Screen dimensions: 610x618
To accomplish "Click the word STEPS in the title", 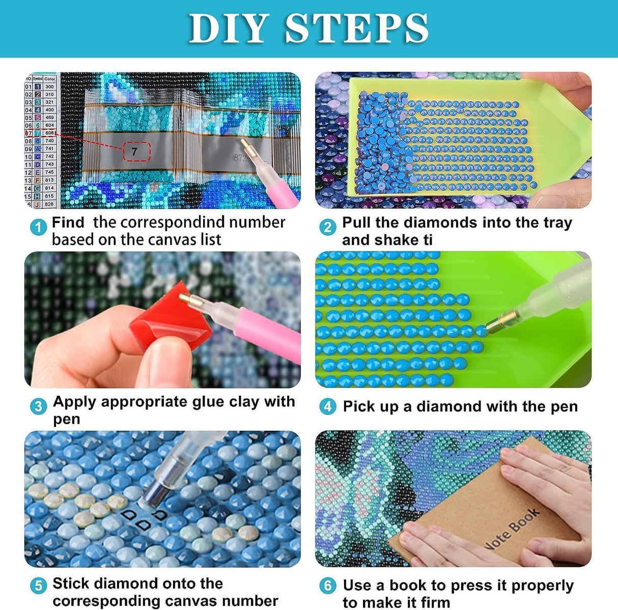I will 356,28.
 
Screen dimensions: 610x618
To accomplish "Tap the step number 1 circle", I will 38,227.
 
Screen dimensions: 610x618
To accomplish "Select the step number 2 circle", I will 328,227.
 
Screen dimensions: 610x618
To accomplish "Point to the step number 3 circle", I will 38,406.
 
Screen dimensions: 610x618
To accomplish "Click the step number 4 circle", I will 328,406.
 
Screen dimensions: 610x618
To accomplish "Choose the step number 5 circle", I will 38,586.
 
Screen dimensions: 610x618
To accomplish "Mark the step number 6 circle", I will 328,586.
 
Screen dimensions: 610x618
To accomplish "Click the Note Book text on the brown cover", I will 512,530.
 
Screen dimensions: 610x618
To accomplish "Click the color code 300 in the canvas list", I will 49,87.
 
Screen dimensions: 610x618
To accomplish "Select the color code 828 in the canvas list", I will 49,204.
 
